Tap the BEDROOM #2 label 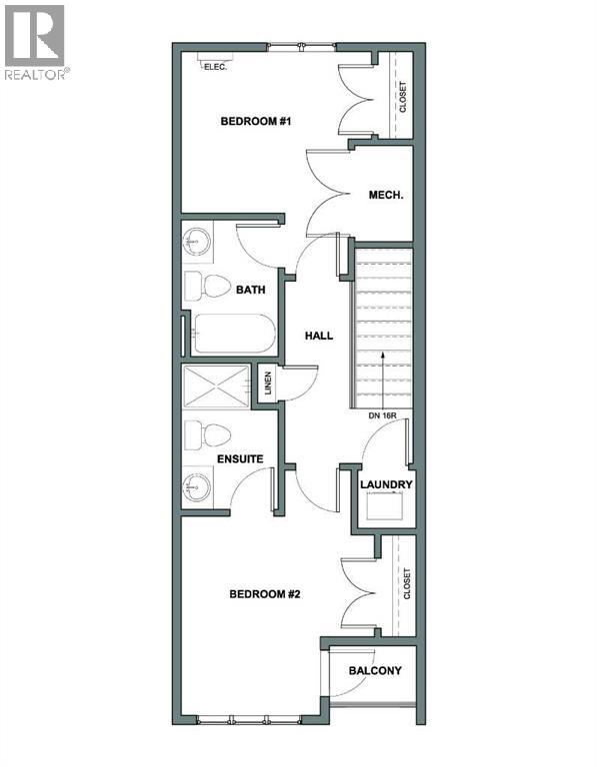[265, 593]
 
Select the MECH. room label [385, 196]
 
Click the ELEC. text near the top [214, 67]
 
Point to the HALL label [318, 337]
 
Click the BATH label [250, 291]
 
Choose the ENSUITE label [240, 458]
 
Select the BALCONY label [375, 670]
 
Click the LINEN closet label [268, 384]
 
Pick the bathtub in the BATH [232, 334]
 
